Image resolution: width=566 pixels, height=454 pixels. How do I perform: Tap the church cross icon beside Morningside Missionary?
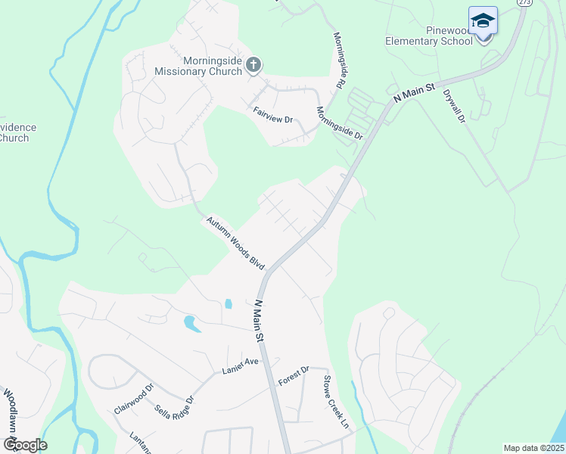tap(253, 66)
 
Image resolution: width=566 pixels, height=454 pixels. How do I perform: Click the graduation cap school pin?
tap(483, 22)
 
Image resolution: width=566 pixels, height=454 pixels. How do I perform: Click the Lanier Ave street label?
tap(240, 366)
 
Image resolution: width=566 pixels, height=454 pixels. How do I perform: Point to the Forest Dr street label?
tap(294, 375)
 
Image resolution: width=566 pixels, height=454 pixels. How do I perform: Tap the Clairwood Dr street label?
tap(134, 396)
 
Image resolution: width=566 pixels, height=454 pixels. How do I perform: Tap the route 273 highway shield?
tap(524, 3)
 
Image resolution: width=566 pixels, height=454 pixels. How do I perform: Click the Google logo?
tap(24, 445)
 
